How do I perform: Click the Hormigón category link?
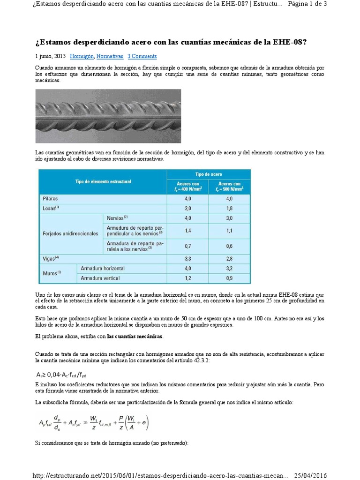(x=82, y=56)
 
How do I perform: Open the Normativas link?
(x=110, y=56)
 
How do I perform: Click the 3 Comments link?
(x=142, y=56)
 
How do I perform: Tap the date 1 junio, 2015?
(x=50, y=56)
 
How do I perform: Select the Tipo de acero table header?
(x=209, y=173)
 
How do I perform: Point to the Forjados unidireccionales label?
(x=71, y=233)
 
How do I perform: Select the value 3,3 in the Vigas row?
(x=187, y=258)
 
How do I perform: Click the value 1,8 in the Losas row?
(x=229, y=208)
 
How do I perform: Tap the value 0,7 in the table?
(x=187, y=246)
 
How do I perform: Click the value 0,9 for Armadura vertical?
(x=229, y=278)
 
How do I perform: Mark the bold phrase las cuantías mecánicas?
(x=135, y=337)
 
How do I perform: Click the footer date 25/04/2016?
(x=310, y=475)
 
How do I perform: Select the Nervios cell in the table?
(x=117, y=218)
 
